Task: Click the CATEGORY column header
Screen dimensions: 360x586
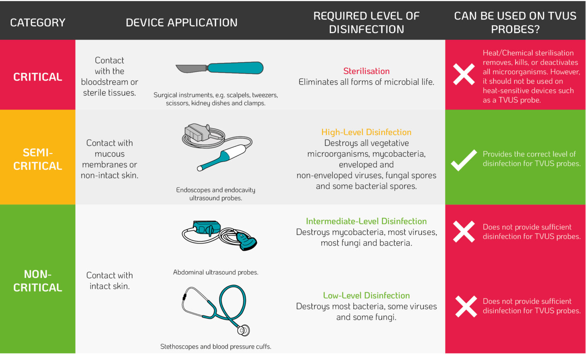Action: click(x=38, y=23)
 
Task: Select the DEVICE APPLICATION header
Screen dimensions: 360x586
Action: click(x=182, y=23)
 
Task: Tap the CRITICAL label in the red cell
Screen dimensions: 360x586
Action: click(x=38, y=77)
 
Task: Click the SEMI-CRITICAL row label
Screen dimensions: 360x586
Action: click(x=38, y=159)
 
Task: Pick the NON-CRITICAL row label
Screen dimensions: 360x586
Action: click(x=38, y=281)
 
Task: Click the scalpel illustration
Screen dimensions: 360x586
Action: click(x=220, y=68)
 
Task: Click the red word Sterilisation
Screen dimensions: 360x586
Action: click(x=366, y=71)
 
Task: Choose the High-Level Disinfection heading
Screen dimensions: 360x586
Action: click(x=366, y=132)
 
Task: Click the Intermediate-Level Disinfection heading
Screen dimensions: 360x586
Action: click(x=366, y=221)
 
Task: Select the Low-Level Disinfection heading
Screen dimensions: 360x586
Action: click(x=366, y=295)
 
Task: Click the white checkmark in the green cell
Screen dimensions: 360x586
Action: click(x=464, y=160)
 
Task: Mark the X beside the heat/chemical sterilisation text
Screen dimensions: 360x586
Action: click(x=464, y=74)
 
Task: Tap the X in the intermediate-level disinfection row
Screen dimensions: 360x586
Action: click(x=464, y=231)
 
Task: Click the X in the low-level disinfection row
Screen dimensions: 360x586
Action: click(x=466, y=306)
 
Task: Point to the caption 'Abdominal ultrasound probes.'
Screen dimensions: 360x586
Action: click(x=216, y=272)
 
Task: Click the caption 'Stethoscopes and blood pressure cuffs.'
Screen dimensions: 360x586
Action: click(x=216, y=347)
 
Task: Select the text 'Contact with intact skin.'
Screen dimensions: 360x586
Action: click(x=109, y=281)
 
